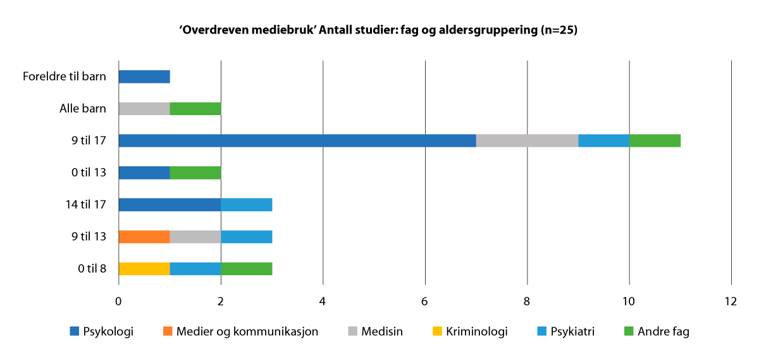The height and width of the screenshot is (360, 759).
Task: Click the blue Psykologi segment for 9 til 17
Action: click(x=297, y=140)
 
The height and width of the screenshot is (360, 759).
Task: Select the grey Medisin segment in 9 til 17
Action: click(x=528, y=140)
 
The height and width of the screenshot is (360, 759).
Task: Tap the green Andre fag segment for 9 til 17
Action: click(x=655, y=140)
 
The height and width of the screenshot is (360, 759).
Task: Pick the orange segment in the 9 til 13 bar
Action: click(x=144, y=237)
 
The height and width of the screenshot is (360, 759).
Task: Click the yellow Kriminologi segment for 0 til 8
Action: click(x=144, y=269)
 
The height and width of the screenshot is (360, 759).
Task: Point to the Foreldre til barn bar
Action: click(x=144, y=77)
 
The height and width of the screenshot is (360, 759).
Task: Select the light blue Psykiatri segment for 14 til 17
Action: click(x=247, y=205)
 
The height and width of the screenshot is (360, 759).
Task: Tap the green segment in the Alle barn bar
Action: click(x=195, y=109)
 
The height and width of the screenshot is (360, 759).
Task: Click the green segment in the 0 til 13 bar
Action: click(x=195, y=173)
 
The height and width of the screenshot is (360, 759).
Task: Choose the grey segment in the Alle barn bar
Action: click(x=144, y=109)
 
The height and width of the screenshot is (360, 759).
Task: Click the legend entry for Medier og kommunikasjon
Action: click(x=240, y=331)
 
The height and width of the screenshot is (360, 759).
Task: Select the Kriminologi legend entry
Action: click(x=471, y=331)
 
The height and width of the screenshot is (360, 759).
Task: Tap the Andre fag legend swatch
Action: click(x=629, y=331)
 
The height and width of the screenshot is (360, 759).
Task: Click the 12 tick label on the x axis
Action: click(x=731, y=301)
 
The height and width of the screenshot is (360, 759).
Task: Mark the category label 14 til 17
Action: click(x=86, y=205)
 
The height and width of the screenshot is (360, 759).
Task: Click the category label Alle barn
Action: click(x=83, y=109)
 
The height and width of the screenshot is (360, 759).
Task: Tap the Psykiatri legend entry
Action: click(x=566, y=331)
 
